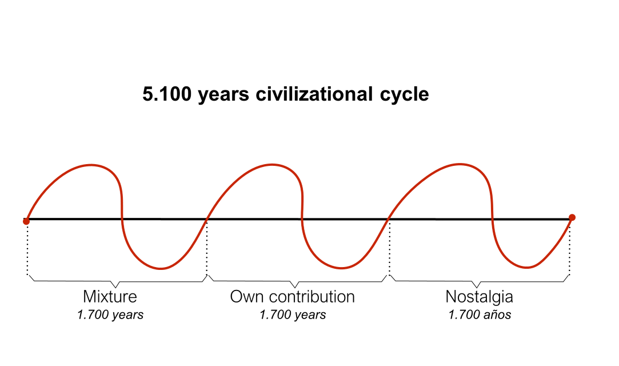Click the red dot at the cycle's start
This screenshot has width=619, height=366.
tap(26, 221)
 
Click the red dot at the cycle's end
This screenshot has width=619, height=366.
tap(572, 217)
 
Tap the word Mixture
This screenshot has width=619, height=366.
tap(110, 297)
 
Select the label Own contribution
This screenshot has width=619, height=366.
tap(292, 297)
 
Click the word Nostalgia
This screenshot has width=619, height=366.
tap(479, 297)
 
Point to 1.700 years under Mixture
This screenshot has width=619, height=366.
tap(110, 315)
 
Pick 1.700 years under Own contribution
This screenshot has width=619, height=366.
tap(293, 315)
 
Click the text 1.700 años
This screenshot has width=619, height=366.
tap(480, 315)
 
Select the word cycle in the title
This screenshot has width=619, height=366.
tap(403, 94)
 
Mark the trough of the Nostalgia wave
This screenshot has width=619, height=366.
tap(529, 266)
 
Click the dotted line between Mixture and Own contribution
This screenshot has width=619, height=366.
tap(206, 249)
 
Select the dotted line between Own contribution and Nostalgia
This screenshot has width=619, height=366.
tap(389, 249)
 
